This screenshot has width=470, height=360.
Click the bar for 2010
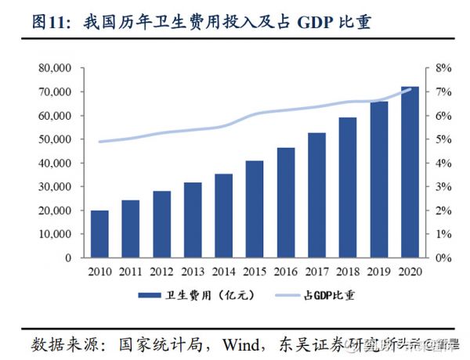point(100,234)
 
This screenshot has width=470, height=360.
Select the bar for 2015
point(255,209)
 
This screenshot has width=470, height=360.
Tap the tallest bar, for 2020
point(409,172)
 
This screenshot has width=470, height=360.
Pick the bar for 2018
point(347,188)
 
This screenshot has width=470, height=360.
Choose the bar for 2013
point(193,220)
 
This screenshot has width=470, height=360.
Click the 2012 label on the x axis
point(162,271)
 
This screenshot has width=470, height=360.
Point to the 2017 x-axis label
point(316,271)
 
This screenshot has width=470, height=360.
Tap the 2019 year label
point(378,271)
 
